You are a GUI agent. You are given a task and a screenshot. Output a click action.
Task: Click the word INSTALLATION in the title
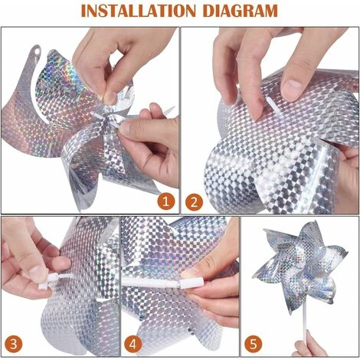138,11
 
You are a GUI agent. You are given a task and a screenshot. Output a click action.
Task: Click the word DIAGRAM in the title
241,11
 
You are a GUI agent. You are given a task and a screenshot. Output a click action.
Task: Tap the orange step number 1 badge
165,201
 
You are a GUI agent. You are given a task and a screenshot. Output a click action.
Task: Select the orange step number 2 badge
194,202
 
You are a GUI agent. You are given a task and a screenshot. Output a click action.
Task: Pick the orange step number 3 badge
13,344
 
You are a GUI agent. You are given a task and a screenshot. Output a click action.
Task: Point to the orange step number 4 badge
133,344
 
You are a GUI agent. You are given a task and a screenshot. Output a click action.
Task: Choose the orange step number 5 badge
254,344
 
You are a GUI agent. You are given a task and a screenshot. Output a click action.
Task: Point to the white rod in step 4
151,283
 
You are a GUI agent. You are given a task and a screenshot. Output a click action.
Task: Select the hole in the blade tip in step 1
38,51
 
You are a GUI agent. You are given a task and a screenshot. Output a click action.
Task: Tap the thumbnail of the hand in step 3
38,273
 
